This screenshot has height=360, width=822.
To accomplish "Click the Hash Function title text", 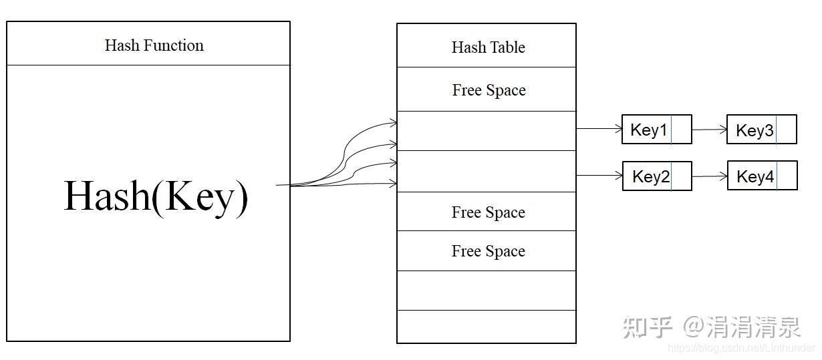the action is pos(154,45).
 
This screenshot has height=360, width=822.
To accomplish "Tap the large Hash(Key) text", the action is pos(156,197).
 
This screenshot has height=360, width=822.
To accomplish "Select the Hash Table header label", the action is pos(488,47).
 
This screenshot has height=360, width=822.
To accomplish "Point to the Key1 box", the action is pos(656,129).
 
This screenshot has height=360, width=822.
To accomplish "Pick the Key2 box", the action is pos(657,176).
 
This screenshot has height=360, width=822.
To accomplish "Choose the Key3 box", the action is pos(762,130).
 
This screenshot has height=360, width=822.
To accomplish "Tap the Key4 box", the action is pos(763,176).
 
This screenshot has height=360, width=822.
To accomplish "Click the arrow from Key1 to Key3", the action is pos(709,129).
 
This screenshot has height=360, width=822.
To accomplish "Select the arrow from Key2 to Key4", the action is pos(710,176).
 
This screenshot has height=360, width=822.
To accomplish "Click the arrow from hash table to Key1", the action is pos(599,129).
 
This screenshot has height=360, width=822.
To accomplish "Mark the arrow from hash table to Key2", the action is pos(599,176).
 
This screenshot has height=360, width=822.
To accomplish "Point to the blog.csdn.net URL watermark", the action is pos(741,347).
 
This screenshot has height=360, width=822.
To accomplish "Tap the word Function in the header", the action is pos(174,45).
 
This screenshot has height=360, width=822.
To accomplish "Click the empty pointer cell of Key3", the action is pos(786,130).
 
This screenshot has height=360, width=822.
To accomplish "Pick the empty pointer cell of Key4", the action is pos(787,176).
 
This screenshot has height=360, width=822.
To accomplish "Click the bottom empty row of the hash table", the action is pos(487,327).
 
